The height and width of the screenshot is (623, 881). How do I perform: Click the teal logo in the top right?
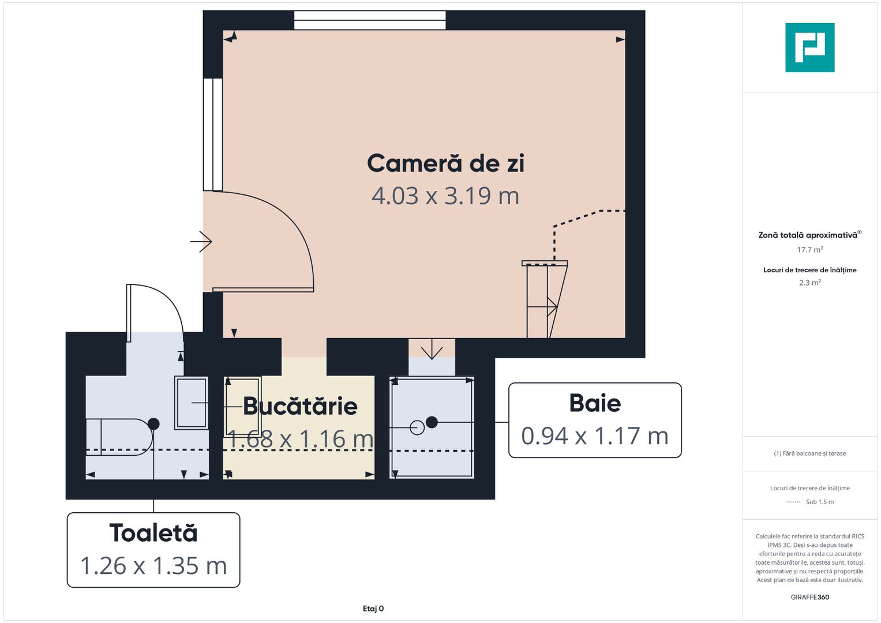tap(809, 47)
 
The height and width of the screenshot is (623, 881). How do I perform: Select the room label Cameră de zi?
tap(445, 163)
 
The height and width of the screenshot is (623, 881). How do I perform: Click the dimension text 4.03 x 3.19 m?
tap(445, 196)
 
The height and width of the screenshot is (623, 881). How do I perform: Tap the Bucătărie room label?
tap(300, 406)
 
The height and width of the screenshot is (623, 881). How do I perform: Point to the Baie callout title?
tap(595, 403)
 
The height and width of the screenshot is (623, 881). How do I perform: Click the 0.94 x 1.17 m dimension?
tap(595, 436)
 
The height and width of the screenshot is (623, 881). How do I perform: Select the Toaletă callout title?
tap(153, 533)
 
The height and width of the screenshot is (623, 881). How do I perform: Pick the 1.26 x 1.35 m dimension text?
tap(153, 566)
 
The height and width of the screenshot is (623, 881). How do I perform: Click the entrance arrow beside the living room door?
tap(201, 241)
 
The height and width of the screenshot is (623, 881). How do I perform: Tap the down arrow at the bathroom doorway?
tap(432, 350)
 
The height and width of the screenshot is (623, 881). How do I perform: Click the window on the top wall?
tap(370, 20)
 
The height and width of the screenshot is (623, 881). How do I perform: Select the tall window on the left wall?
tap(213, 134)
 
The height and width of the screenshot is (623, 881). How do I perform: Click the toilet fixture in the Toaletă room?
tap(118, 437)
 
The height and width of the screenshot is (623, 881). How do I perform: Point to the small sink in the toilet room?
tap(191, 403)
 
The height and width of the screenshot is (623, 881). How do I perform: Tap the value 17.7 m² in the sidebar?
tap(809, 250)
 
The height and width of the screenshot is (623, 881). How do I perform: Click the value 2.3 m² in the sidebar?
tap(809, 283)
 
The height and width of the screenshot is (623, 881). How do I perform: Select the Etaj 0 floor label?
tap(373, 609)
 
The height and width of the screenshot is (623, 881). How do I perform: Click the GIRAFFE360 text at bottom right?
tap(809, 597)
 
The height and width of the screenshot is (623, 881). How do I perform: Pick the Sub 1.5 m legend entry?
tap(819, 502)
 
